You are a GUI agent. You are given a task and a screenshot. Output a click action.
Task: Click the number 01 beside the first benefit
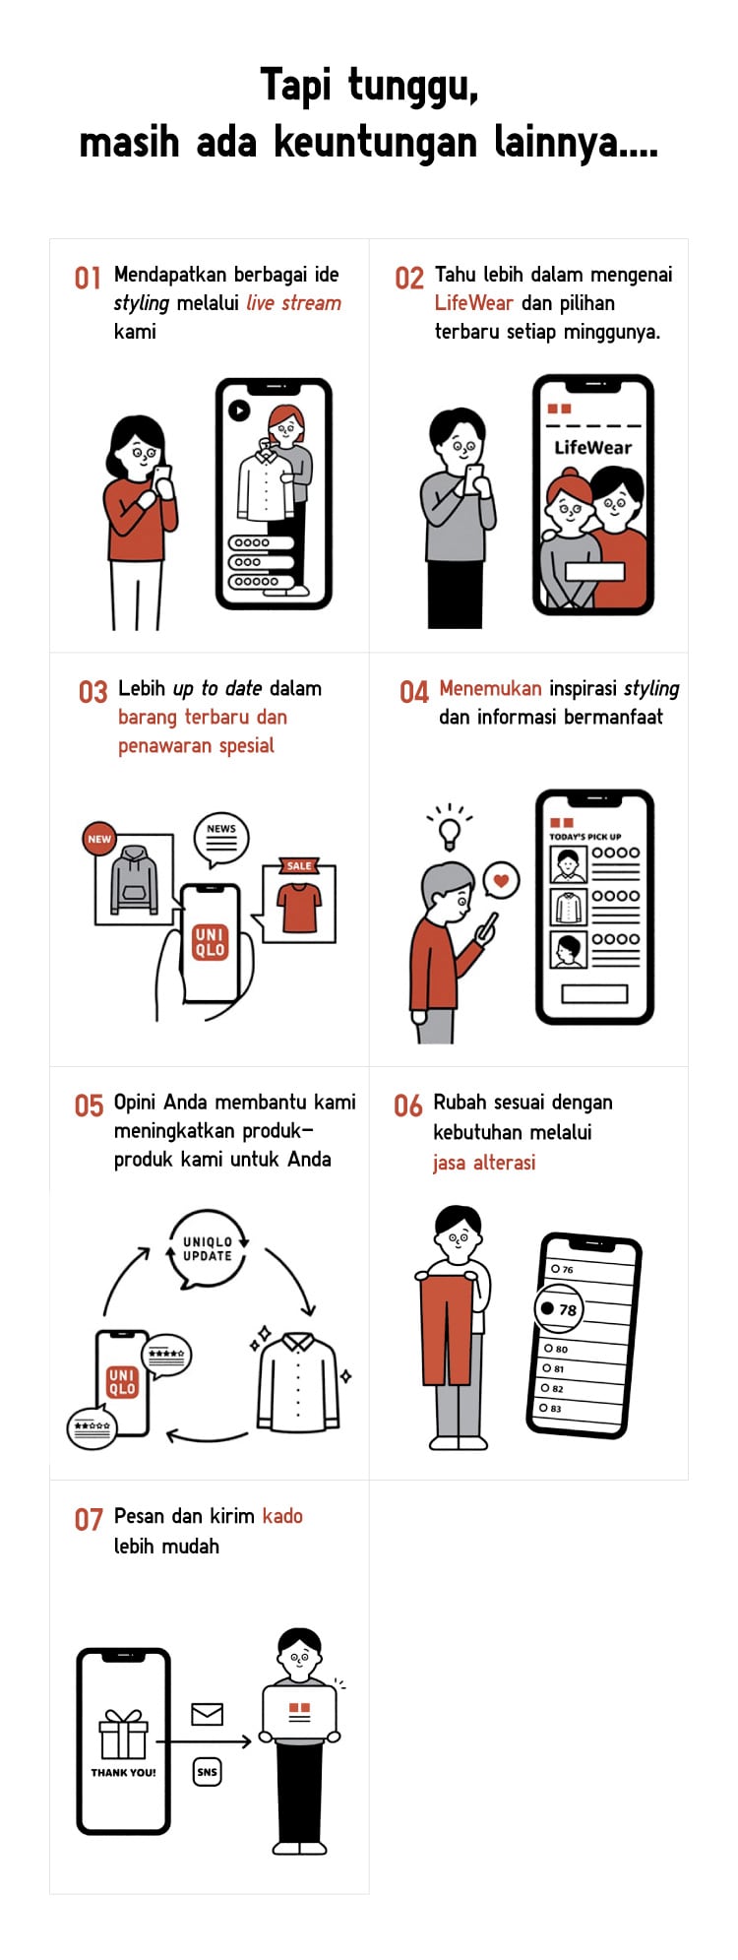88,279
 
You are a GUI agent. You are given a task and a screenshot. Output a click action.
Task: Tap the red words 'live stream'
293,303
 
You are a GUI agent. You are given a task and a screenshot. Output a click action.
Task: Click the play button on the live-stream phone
238,411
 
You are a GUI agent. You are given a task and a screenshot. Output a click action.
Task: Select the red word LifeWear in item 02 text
473,303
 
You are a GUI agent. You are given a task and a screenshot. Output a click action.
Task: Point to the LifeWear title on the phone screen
592,447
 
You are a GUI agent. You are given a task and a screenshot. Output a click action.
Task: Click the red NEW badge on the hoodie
99,839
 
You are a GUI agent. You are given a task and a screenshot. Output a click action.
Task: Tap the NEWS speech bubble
220,838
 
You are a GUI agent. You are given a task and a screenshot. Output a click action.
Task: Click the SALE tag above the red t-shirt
299,866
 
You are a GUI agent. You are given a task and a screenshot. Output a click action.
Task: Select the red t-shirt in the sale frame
300,907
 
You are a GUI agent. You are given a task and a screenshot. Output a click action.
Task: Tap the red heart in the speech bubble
501,880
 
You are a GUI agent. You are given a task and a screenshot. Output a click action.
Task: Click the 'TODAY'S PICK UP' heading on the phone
584,837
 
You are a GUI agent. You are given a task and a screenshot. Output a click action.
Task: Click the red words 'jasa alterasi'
484,1163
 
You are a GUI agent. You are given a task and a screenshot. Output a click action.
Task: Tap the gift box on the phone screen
123,1734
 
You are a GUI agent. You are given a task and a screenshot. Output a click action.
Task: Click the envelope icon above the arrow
207,1714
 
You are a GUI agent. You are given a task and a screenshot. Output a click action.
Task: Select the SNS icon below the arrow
207,1771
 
